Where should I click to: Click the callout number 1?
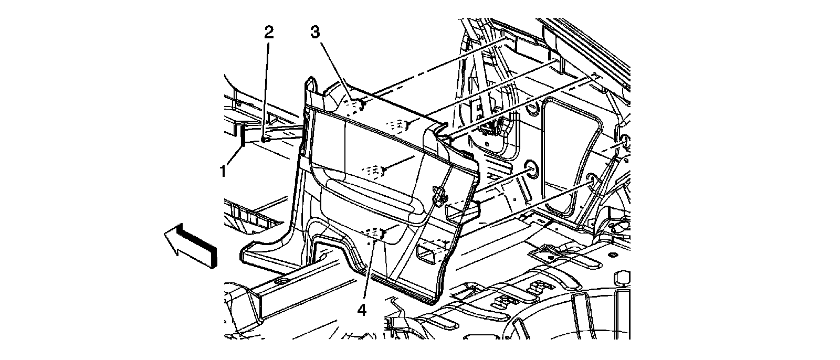coord(223,170)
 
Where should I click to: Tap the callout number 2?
coord(268,33)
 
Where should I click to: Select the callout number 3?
coord(314,33)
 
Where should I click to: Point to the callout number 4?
coord(361,310)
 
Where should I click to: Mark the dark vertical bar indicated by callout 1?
coord(243,143)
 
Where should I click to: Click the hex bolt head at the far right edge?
coord(623,279)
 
